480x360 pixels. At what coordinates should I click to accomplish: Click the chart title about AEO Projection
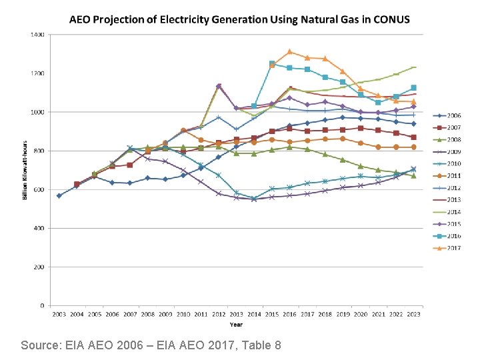pos(240,19)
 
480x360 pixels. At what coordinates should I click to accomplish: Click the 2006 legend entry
pos(454,115)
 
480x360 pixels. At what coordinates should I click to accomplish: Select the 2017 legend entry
pos(454,248)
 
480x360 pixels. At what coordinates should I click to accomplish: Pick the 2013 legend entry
pos(454,199)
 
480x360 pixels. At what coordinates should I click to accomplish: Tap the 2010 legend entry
pos(454,163)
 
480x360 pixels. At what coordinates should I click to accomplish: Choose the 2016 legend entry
pos(454,236)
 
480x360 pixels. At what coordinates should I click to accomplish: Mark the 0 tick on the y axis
pos(42,306)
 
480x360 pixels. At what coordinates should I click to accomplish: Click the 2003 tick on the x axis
pos(59,313)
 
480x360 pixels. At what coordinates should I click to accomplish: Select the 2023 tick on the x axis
pos(413,313)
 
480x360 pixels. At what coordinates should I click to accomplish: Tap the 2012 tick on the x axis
pos(219,313)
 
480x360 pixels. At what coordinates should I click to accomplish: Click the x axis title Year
pos(236,325)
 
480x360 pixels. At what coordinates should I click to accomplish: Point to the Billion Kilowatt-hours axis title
pos(25,170)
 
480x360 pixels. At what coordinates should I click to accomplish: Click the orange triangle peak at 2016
pos(290,51)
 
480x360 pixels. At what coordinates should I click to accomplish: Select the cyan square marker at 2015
pos(272,64)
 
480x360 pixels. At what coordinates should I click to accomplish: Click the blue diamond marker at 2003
pos(59,195)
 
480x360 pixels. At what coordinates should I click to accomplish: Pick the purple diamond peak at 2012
pos(219,86)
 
